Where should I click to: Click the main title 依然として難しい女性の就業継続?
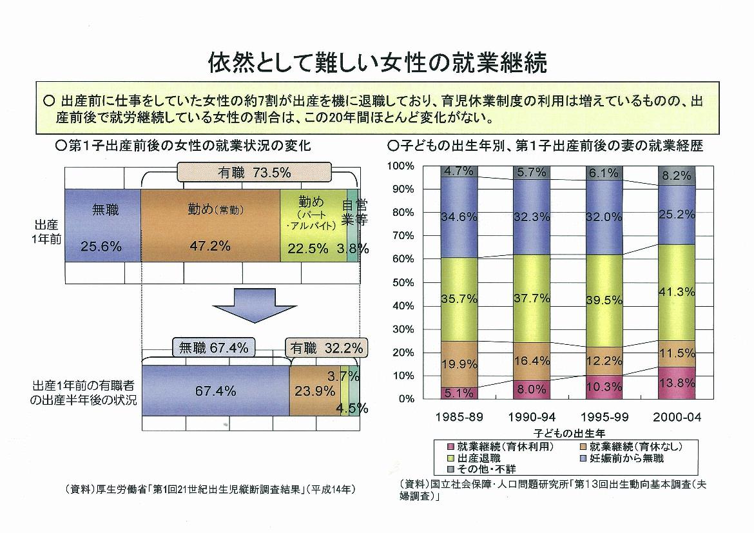(377, 63)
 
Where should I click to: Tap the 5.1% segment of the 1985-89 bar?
(459, 392)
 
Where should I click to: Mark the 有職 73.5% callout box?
(254, 172)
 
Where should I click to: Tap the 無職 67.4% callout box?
(213, 348)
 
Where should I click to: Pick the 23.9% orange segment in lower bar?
(314, 391)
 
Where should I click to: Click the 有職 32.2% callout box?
(325, 348)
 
